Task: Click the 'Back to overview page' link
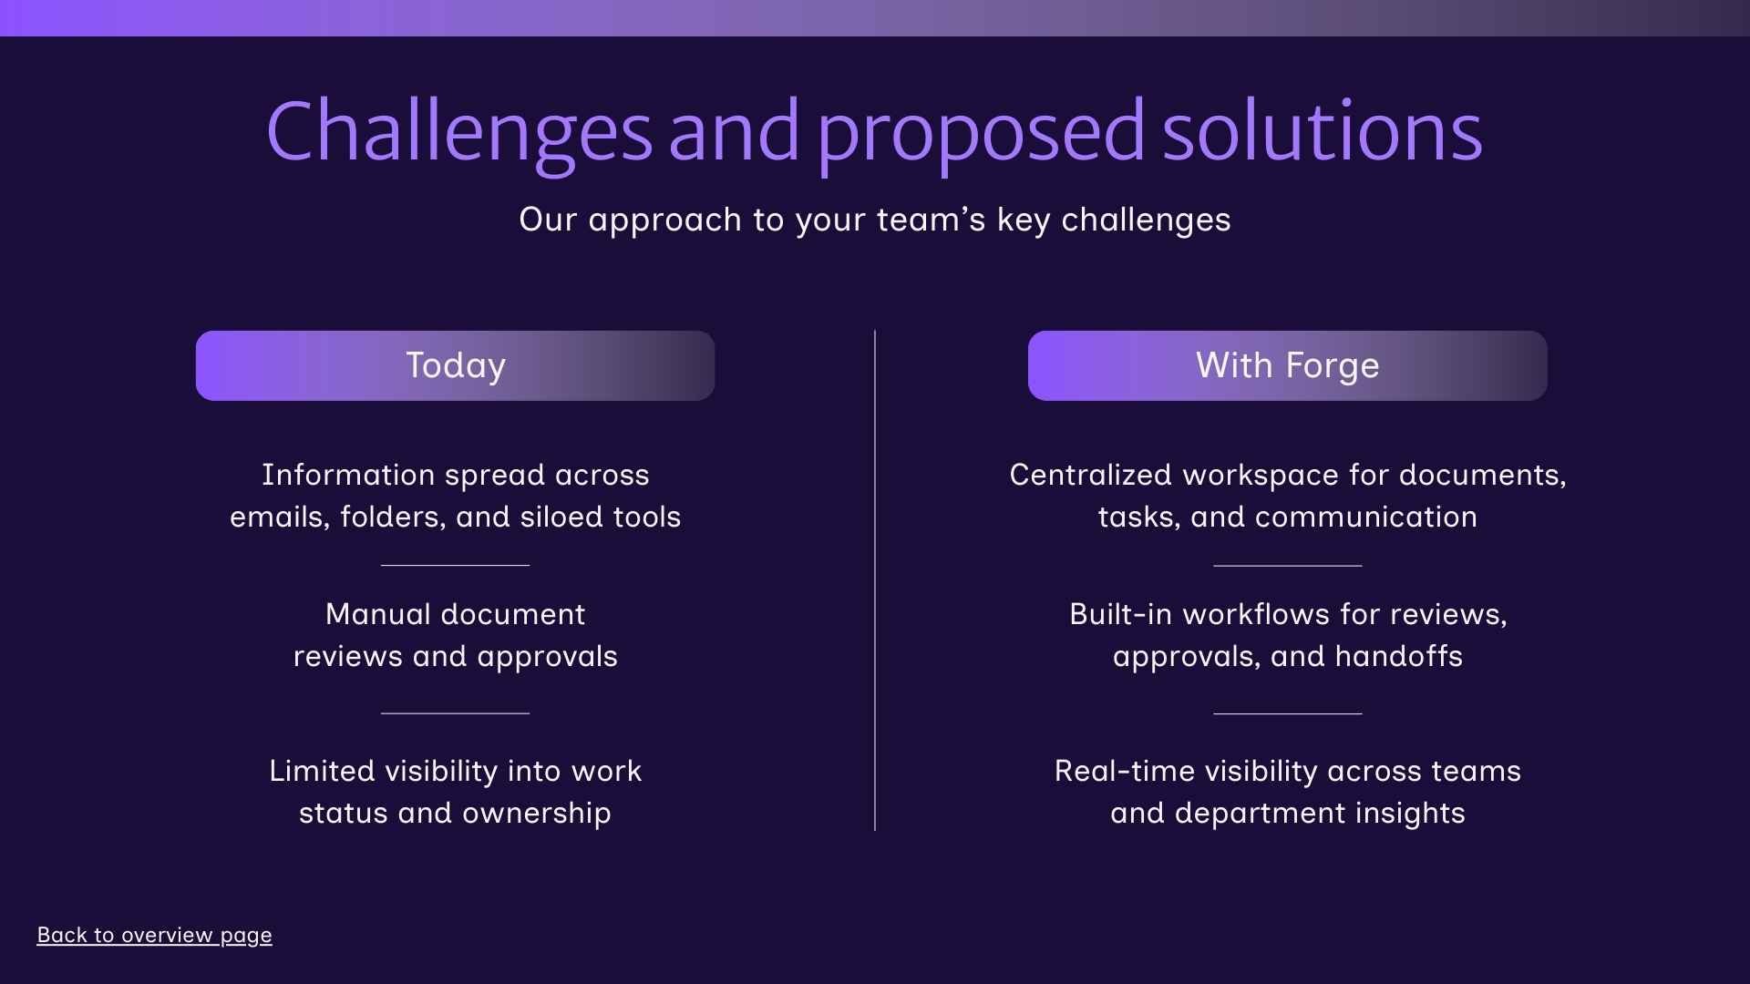pos(154,935)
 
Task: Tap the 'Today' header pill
pos(455,365)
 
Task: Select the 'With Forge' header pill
pos(1287,365)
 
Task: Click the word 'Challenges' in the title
pos(458,132)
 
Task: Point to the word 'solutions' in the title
pos(1322,132)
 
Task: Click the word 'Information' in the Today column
pos(348,475)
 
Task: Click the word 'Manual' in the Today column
pos(377,614)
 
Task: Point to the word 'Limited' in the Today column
pos(322,771)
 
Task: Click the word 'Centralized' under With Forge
pos(1090,475)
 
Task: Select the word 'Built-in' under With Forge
pos(1120,614)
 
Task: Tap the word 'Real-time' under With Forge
pos(1124,771)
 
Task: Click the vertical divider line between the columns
pos(875,583)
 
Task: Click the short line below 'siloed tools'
pos(455,565)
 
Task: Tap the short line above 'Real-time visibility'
pos(1287,713)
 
